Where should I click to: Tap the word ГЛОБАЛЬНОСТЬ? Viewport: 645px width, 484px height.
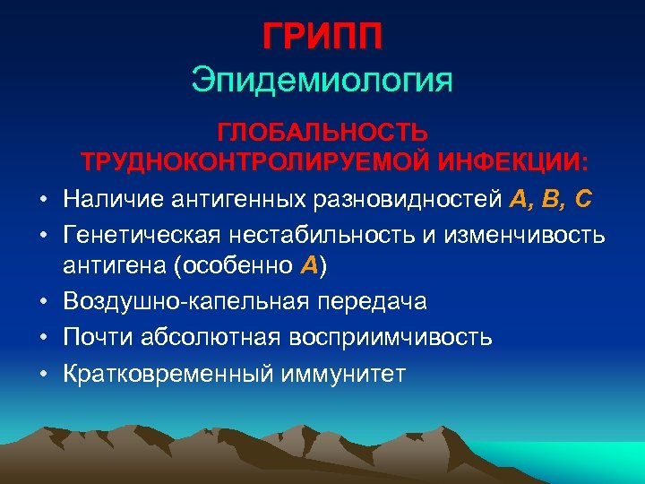pos(323,133)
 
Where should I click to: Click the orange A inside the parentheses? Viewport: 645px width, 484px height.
pos(309,265)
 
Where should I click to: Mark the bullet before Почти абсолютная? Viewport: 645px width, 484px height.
pos(42,338)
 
